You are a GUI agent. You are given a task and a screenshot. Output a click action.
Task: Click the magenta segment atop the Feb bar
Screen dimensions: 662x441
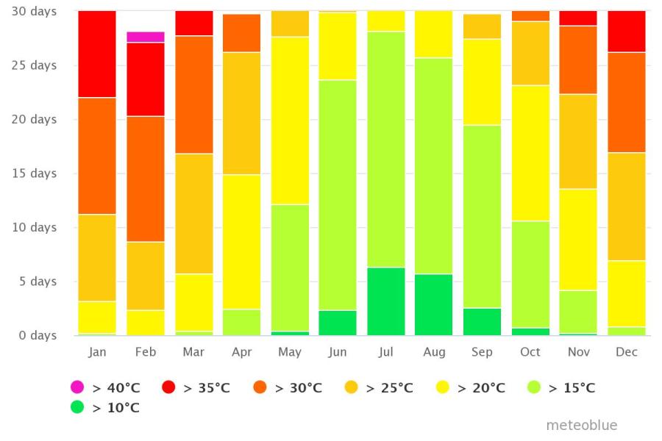click(145, 37)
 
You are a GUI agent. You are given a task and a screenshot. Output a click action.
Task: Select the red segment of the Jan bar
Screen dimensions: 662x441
click(97, 54)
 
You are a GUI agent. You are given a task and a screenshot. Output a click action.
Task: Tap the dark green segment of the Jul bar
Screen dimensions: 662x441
click(386, 301)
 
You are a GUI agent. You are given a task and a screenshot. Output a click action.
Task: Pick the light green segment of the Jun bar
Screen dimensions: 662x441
click(338, 196)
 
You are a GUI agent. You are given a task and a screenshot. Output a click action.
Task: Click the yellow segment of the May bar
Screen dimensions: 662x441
click(290, 121)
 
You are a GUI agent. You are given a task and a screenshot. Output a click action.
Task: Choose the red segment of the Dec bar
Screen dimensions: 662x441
click(627, 32)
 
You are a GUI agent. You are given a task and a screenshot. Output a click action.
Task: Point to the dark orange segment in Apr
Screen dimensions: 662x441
click(241, 33)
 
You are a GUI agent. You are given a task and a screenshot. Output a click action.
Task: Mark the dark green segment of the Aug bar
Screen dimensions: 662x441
click(433, 305)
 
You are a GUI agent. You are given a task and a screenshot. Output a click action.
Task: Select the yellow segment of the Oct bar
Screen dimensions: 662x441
click(530, 153)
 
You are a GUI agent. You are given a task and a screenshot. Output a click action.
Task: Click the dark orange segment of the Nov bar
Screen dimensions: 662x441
click(578, 60)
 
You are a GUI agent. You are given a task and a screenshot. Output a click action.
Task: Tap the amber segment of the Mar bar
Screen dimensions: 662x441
click(194, 214)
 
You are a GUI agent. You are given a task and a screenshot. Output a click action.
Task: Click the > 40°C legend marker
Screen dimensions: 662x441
click(77, 387)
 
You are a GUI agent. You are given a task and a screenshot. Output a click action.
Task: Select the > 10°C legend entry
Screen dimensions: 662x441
click(105, 407)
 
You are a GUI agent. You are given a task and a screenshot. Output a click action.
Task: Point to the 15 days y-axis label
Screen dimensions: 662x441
click(34, 173)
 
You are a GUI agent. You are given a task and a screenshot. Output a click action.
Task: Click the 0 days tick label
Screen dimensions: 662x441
click(38, 335)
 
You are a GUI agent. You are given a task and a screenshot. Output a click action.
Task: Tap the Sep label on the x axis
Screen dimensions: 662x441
click(482, 352)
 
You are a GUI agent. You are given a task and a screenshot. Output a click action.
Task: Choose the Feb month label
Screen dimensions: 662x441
click(145, 352)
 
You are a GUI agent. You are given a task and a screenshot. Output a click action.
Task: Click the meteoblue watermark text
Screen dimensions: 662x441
click(582, 425)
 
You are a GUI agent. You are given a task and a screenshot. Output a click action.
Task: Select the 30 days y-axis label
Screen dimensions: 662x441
click(34, 12)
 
